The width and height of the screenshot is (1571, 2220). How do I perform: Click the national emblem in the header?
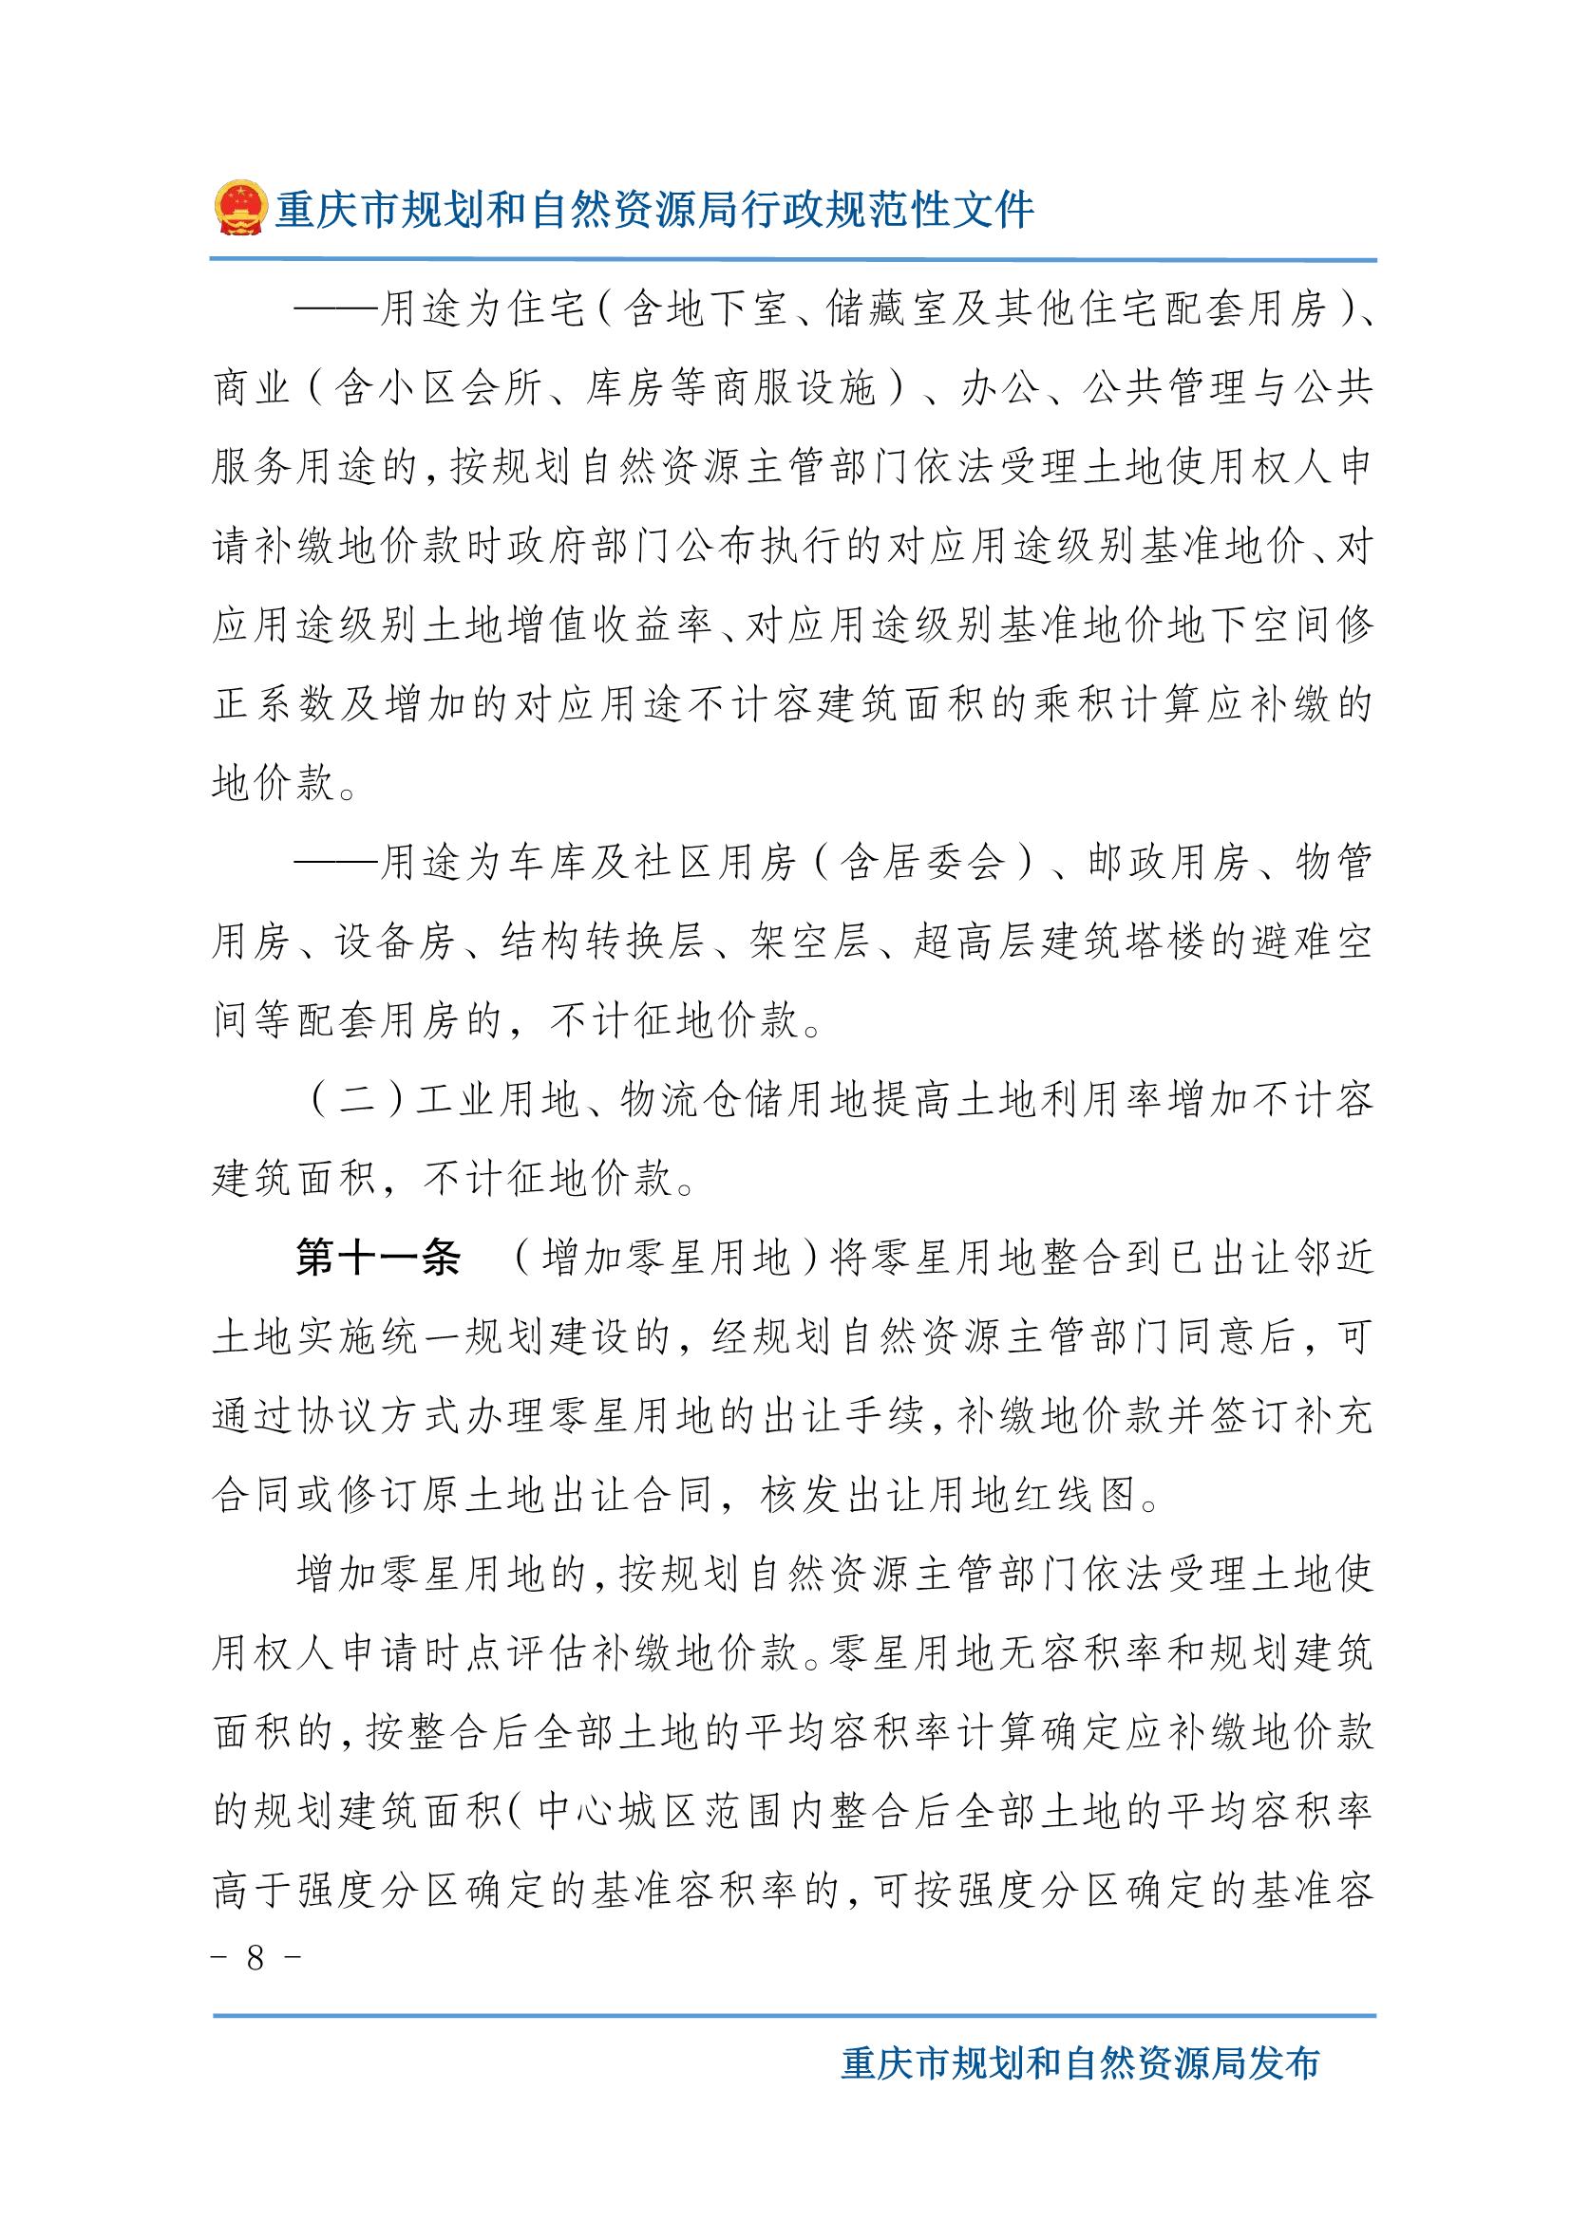click(239, 208)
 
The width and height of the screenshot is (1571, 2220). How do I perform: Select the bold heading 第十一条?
click(378, 1259)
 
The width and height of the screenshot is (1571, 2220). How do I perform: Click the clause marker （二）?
click(357, 1101)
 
